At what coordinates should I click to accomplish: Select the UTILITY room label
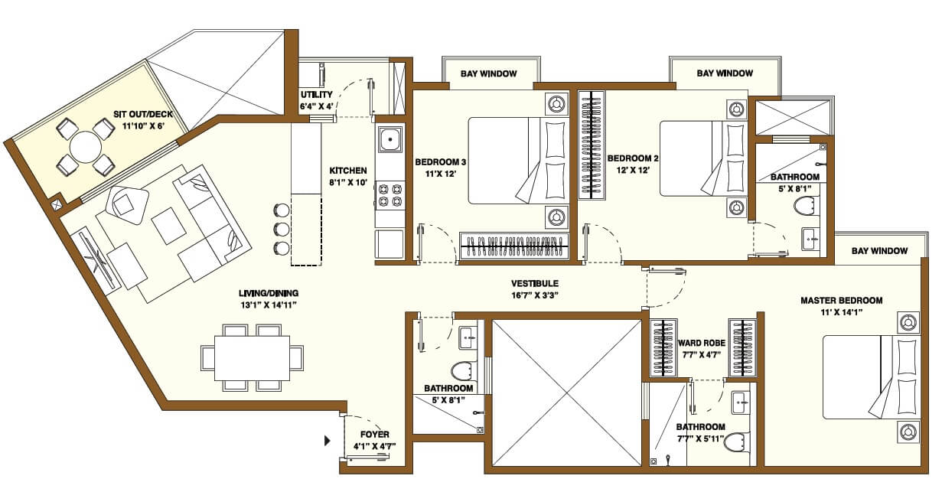(316, 100)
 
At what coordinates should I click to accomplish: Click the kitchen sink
(390, 140)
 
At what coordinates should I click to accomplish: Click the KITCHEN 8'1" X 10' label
(348, 176)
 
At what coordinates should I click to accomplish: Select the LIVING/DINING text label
(268, 298)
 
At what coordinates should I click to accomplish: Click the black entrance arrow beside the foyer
(328, 441)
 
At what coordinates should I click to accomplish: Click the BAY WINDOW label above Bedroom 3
(488, 73)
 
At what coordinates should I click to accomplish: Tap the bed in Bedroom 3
(519, 161)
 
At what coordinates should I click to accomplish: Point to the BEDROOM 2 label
(633, 164)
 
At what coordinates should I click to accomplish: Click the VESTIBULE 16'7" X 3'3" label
(535, 288)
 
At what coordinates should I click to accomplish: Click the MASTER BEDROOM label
(841, 306)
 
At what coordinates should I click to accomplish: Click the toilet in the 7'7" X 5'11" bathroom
(736, 441)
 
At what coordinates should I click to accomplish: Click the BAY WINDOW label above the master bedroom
(880, 251)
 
